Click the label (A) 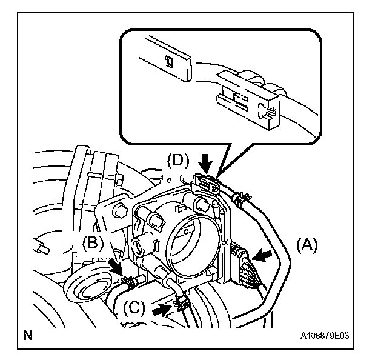pyautogui.click(x=307, y=246)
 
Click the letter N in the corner pyautogui.click(x=28, y=333)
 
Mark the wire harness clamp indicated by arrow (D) pyautogui.click(x=206, y=181)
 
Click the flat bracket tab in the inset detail pyautogui.click(x=167, y=58)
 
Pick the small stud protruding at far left pyautogui.click(x=43, y=248)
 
